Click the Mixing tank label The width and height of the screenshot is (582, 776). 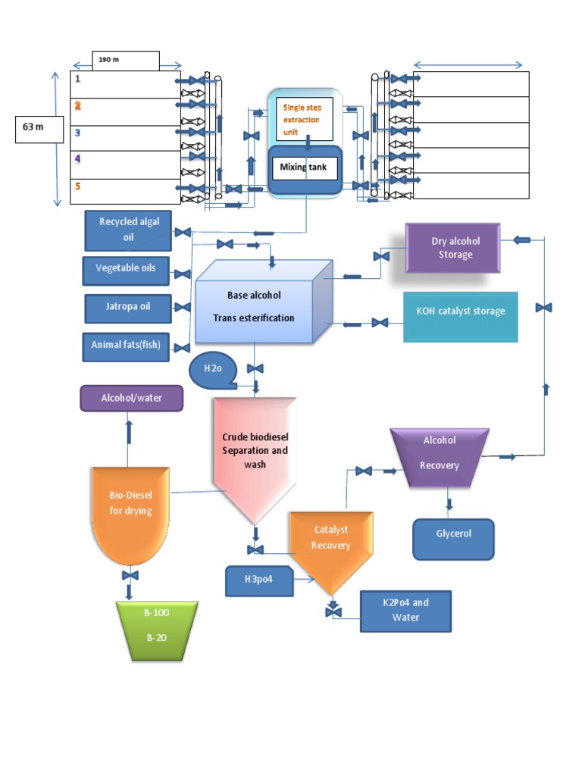coord(304,167)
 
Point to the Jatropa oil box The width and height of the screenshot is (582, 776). coord(128,307)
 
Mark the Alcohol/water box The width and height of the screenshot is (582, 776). coord(132,398)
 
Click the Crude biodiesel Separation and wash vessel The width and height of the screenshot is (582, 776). coord(255,455)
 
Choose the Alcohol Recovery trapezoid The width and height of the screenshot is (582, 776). coord(440,457)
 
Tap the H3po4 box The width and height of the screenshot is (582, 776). coord(259,581)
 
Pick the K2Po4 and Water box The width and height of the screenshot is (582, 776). coord(405,611)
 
